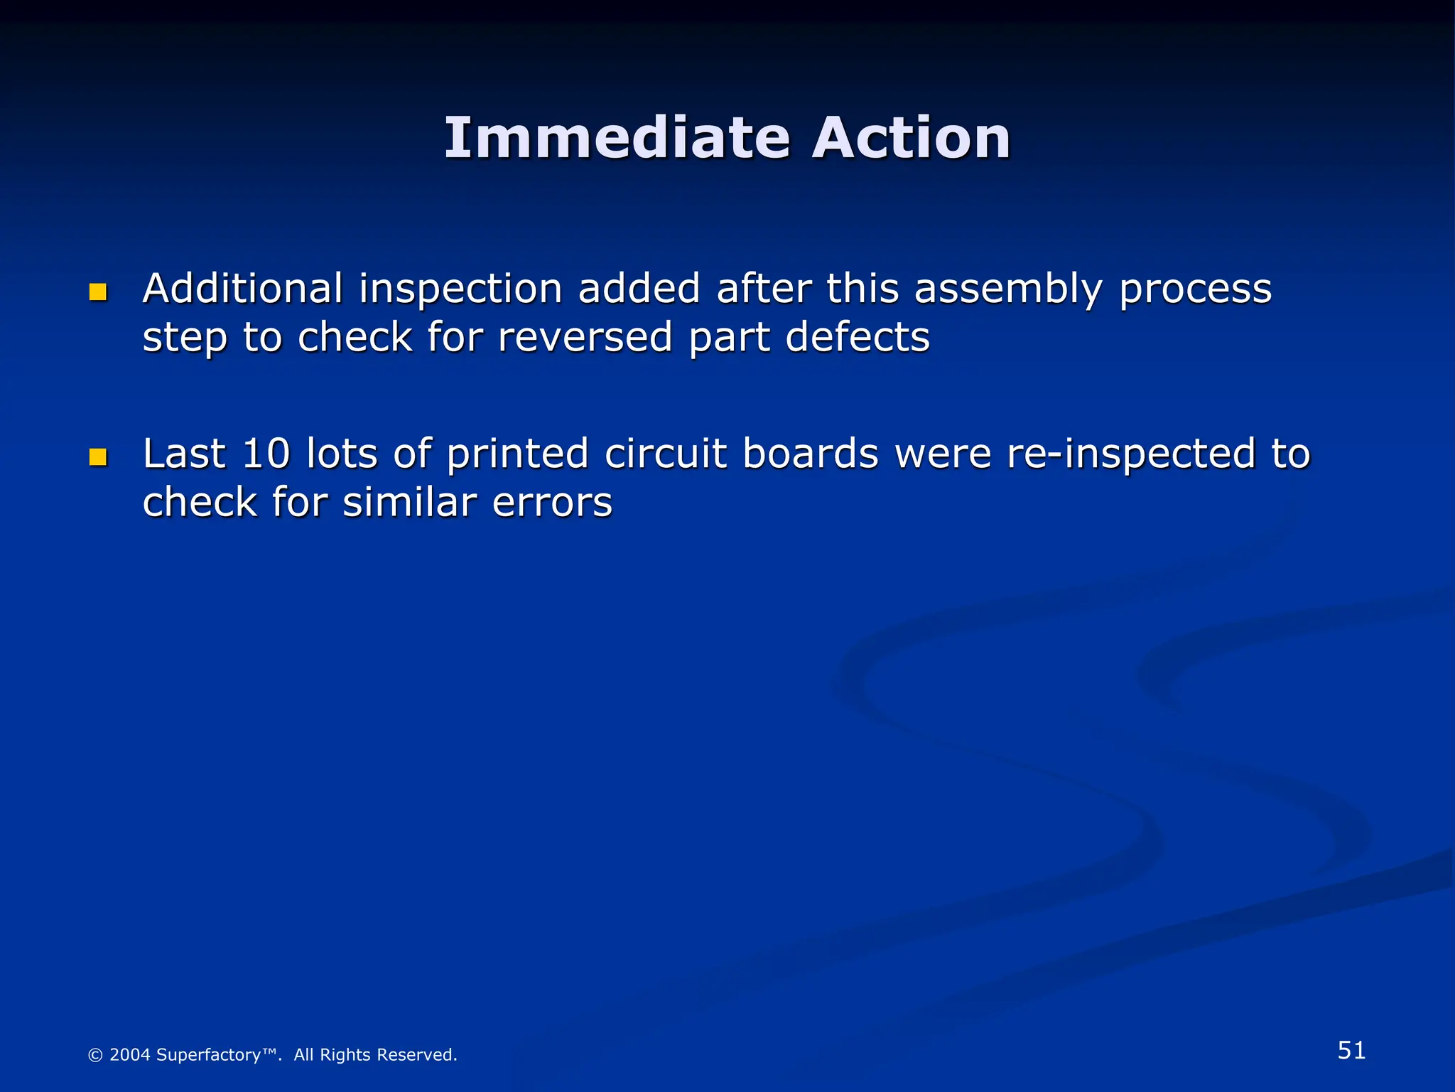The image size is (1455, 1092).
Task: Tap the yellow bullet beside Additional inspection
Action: click(x=98, y=292)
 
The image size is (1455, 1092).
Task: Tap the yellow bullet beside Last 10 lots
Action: click(x=98, y=457)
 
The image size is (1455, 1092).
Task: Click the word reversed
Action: click(x=585, y=337)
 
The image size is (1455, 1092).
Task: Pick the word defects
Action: click(x=858, y=337)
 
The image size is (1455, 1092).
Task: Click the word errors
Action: click(x=552, y=503)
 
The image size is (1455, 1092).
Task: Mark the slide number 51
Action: click(x=1351, y=1050)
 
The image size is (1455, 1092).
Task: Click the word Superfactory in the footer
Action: click(x=208, y=1055)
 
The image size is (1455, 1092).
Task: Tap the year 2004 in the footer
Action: click(x=130, y=1055)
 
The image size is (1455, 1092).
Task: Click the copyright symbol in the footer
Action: click(x=95, y=1056)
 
